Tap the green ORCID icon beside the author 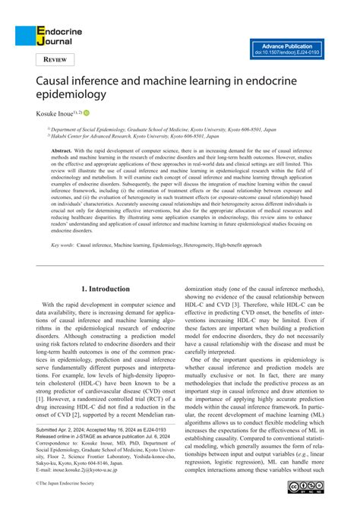(x=87, y=112)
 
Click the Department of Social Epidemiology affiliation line (x=152, y=130)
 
